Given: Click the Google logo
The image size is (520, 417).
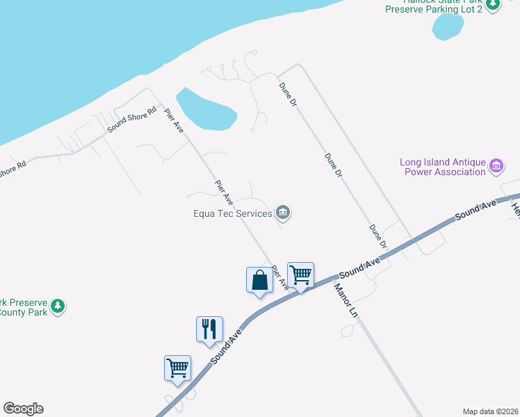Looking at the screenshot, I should [x=23, y=409].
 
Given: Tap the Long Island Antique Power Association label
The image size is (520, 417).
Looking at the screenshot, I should [x=442, y=167].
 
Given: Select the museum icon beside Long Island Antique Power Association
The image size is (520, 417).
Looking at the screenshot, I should [x=496, y=166].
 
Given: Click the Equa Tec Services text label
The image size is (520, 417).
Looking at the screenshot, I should [x=233, y=213].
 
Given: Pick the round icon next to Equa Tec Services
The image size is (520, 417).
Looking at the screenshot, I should [x=283, y=213].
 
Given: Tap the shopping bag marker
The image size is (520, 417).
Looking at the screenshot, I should [x=259, y=281].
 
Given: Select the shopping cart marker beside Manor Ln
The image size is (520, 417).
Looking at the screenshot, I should [x=300, y=275].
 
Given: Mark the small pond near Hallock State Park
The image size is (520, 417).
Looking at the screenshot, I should [x=448, y=26].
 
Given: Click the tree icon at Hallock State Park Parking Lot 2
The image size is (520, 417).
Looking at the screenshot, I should [x=493, y=4].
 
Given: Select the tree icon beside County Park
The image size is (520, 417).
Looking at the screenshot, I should [x=59, y=306].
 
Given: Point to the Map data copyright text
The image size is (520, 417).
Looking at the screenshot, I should [x=490, y=411].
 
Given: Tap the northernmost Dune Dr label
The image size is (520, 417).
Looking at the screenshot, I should [x=288, y=94].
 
